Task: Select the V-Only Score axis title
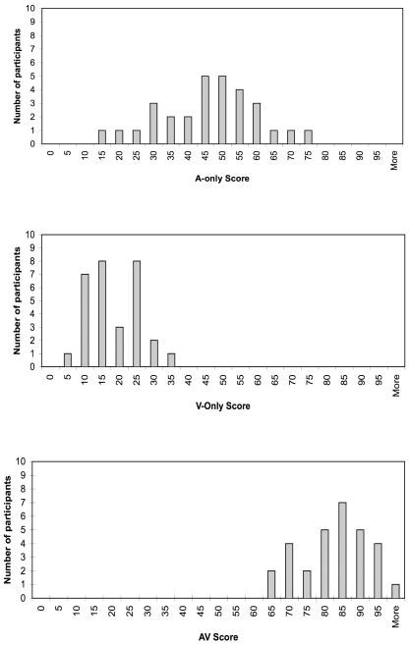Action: click(223, 406)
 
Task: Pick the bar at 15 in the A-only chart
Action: click(101, 136)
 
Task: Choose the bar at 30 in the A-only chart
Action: click(153, 124)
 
